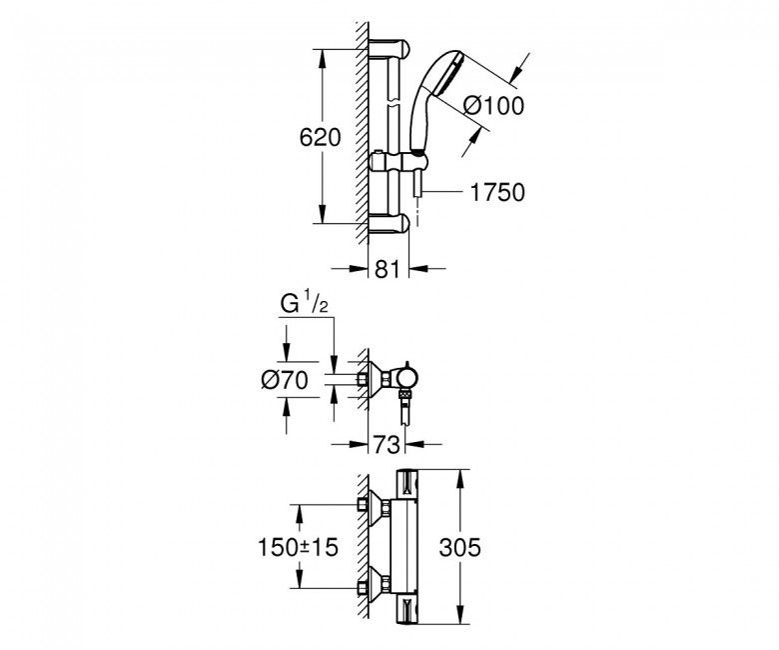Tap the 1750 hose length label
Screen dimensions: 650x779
(x=497, y=193)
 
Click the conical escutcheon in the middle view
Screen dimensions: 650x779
(x=373, y=380)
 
